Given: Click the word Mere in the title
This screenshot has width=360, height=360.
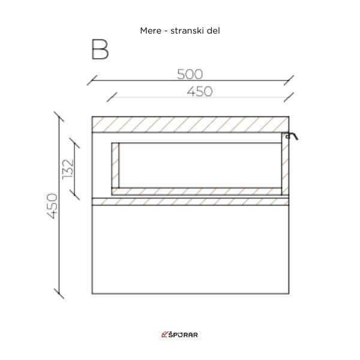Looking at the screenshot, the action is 151,31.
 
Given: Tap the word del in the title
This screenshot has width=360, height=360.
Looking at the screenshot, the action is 213,31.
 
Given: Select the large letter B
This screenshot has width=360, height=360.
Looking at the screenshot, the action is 100,49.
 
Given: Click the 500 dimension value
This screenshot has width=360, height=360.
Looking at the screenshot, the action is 190,74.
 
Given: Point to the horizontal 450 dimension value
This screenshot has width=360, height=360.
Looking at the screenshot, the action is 200,91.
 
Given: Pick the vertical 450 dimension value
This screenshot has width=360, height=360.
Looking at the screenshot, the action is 52,206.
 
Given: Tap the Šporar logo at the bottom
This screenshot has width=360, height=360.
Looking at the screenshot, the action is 179,335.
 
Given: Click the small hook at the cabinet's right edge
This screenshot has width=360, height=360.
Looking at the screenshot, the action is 292,136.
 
